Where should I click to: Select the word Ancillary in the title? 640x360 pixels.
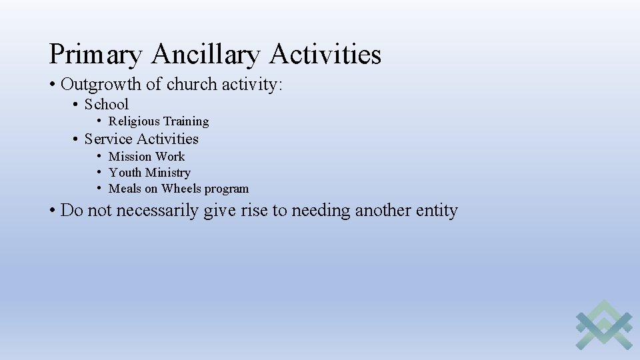(205, 55)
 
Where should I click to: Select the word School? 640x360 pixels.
(107, 104)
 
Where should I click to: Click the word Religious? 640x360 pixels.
(134, 121)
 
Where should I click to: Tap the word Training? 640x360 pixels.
(186, 121)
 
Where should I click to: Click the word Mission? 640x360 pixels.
(130, 157)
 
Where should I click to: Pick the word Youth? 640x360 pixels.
(125, 173)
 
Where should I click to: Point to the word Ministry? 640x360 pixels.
(168, 173)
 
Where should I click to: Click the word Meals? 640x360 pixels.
(125, 189)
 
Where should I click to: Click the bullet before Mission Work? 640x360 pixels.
(98, 157)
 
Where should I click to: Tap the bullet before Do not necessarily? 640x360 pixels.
(53, 211)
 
